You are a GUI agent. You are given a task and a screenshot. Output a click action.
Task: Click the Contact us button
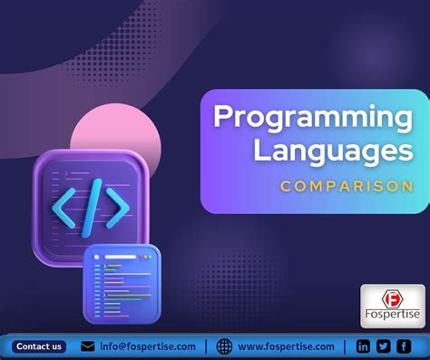pyautogui.click(x=39, y=346)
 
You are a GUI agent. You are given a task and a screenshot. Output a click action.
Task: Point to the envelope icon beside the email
pyautogui.click(x=88, y=346)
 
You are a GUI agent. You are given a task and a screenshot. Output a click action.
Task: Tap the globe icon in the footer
pyautogui.click(x=224, y=346)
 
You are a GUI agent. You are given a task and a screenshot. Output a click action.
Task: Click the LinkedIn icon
pyautogui.click(x=363, y=346)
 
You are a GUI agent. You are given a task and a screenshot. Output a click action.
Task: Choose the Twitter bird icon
pyautogui.click(x=383, y=346)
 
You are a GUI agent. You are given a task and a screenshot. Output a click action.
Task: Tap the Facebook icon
pyautogui.click(x=404, y=346)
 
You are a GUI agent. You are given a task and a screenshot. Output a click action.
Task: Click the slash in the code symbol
pyautogui.click(x=91, y=203)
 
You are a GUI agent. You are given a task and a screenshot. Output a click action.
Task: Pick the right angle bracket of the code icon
pyautogui.click(x=117, y=203)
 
